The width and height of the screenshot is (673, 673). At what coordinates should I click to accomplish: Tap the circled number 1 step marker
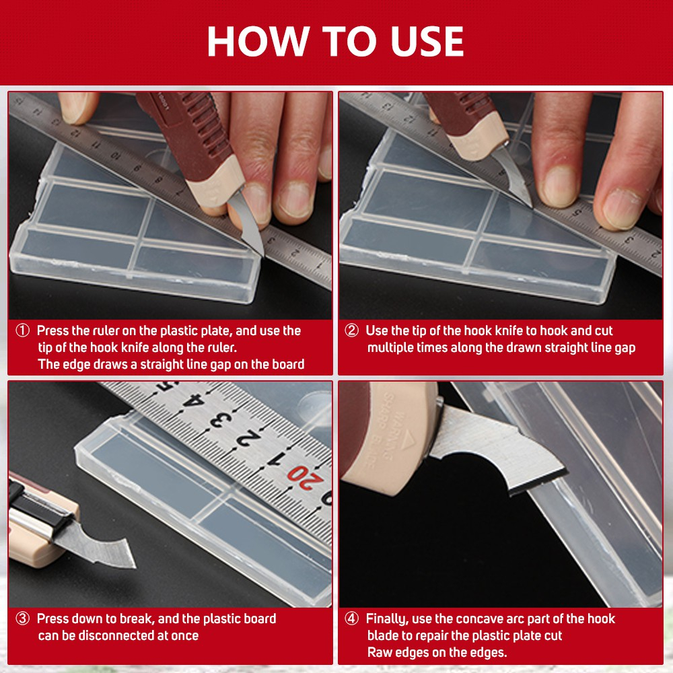tap(22, 330)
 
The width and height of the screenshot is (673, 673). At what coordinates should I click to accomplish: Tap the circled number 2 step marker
tap(351, 330)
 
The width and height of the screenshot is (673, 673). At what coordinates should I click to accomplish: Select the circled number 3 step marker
tap(22, 618)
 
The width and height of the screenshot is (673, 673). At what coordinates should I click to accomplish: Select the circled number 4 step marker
tap(351, 618)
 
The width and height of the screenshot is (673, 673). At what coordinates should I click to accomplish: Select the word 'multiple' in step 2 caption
tap(391, 348)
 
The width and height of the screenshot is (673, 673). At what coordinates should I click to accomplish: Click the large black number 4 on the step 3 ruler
tap(192, 400)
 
